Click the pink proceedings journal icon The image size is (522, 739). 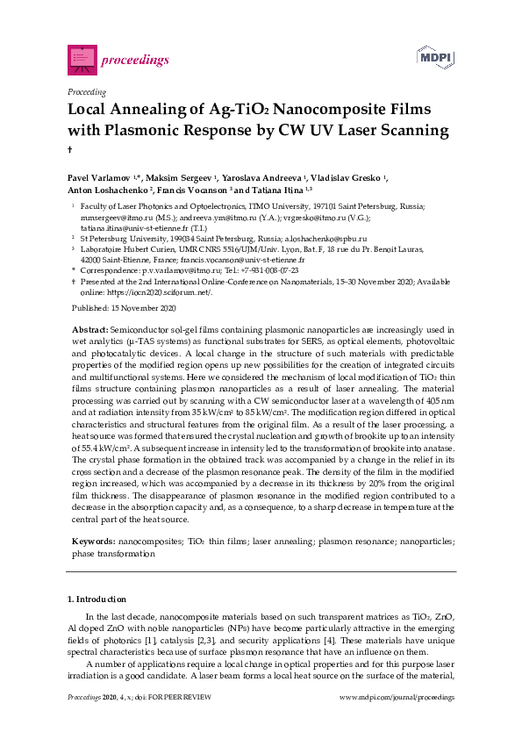click(82, 60)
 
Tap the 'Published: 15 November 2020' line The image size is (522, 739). click(123, 309)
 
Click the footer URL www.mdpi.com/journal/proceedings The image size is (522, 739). click(397, 697)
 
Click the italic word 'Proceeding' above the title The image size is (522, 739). click(87, 91)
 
